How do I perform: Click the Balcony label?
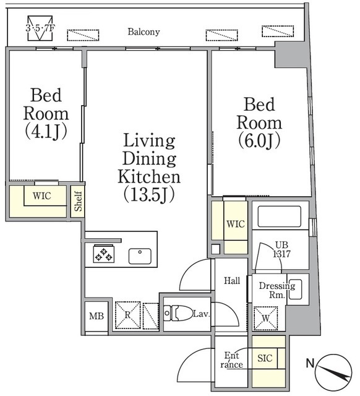[144, 32]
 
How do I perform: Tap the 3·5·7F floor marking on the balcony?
[40, 28]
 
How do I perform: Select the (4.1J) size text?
[46, 132]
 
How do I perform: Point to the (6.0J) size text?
[259, 140]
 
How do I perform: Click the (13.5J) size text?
[149, 195]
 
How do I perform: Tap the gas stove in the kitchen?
[103, 254]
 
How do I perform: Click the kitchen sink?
[140, 256]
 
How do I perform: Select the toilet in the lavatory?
[178, 313]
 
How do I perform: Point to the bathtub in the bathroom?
[279, 217]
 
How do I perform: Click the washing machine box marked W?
[265, 318]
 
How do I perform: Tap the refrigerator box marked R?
[127, 315]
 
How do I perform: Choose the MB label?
[96, 316]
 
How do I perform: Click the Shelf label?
[79, 201]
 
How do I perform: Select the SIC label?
[265, 358]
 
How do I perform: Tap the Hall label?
[232, 280]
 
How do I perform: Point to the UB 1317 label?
[281, 249]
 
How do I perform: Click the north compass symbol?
[334, 372]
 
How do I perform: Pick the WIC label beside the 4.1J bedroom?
[42, 196]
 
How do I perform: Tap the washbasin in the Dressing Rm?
[295, 289]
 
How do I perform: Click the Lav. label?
[201, 314]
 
